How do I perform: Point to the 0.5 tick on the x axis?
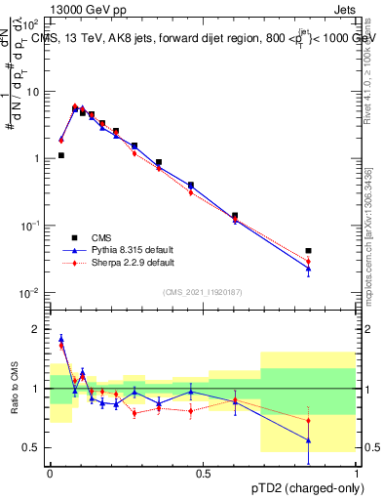coord(204,473)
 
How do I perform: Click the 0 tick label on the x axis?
coord(50,473)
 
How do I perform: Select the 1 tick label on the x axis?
coord(358,473)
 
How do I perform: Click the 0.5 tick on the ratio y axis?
coord(33,447)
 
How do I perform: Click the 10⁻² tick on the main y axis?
coord(31,292)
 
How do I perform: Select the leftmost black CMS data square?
coord(60,155)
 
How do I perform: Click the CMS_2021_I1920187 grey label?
coord(203,291)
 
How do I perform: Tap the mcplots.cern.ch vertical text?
coord(368,244)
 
